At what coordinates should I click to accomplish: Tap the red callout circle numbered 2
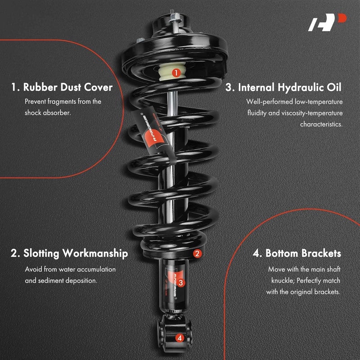197,253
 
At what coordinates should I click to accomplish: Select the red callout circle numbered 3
180,283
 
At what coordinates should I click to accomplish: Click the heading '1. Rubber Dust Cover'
62,87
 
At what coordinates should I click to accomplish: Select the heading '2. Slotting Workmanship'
69,253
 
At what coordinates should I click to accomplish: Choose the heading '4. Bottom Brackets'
297,253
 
